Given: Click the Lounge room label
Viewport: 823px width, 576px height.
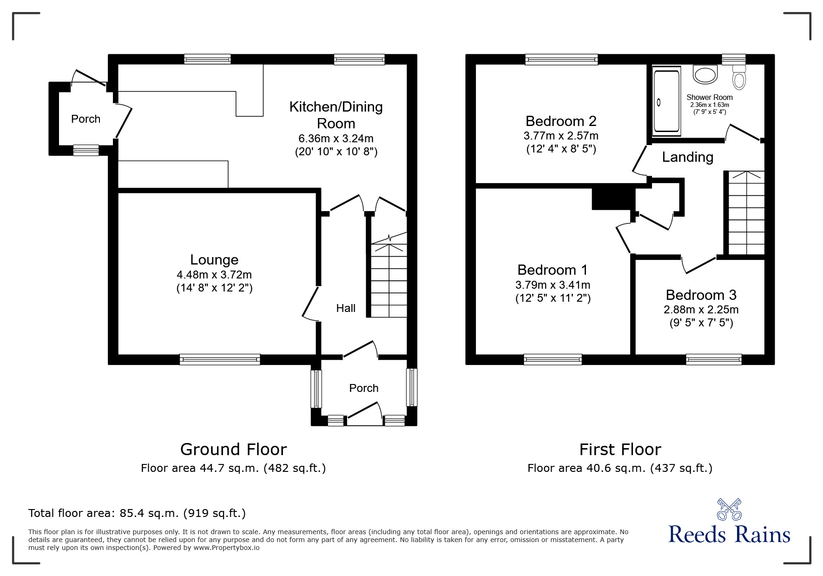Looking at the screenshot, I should point(214,260).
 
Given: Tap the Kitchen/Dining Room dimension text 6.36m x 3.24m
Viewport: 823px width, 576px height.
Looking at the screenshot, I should point(336,139).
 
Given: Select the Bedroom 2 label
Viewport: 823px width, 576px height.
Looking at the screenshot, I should point(561,121).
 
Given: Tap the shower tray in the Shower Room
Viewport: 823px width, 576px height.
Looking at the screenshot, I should point(667,101).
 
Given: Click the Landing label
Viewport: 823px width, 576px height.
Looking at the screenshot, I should point(687,157).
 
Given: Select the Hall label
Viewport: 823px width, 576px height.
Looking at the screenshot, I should point(346,308).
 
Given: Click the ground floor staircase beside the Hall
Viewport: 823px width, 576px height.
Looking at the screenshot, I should point(388,279).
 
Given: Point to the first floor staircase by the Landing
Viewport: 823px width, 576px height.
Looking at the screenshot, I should point(746,214).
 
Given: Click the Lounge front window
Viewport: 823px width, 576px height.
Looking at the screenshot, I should point(220,359).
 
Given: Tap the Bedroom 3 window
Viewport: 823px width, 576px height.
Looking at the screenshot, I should point(713,359).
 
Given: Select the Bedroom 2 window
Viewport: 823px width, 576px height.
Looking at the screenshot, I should point(561,59).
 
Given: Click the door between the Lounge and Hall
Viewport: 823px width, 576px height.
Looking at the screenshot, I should point(310,303).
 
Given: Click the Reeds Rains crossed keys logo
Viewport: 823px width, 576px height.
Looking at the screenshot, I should point(729,510).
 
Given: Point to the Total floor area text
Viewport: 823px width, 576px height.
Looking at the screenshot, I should point(137,513).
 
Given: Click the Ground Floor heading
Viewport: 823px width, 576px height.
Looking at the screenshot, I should point(233,450).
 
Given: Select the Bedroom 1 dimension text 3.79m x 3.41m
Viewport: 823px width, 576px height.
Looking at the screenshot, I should point(553,285).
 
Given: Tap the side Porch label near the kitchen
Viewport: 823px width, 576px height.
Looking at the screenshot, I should point(86,119).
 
